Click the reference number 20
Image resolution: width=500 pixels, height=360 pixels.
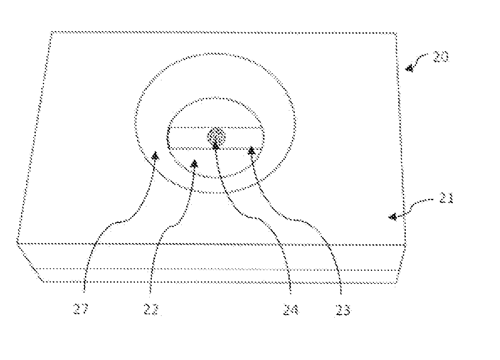(439, 57)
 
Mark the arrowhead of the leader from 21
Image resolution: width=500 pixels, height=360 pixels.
(393, 217)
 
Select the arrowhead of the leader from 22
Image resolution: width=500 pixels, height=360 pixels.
(194, 164)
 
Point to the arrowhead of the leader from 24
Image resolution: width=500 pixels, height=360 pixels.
(215, 146)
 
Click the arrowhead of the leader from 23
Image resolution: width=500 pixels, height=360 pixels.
(251, 150)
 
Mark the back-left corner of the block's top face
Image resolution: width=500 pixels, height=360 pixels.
(51, 32)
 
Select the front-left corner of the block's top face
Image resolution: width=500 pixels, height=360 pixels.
(17, 242)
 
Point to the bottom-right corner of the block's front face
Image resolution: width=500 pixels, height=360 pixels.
(396, 283)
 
